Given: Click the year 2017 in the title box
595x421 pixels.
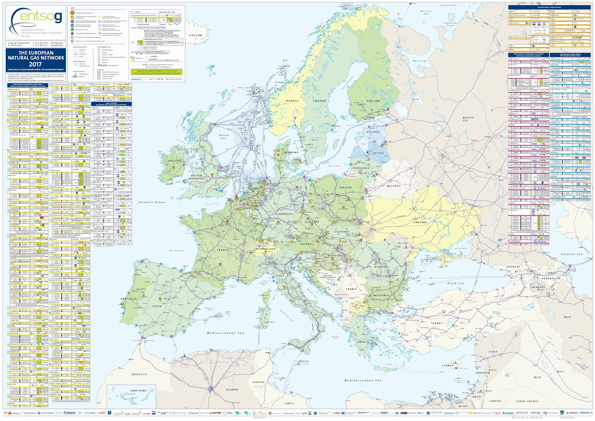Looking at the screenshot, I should click(36, 64).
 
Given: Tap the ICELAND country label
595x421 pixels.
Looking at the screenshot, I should click(196, 35).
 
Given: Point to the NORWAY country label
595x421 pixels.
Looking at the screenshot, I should click(292, 101).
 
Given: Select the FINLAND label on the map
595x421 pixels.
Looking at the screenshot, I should click(373, 101).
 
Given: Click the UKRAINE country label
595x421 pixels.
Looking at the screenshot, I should click(420, 222).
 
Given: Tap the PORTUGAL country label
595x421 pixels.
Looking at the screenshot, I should click(129, 299).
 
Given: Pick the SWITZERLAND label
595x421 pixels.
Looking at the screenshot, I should click(265, 249).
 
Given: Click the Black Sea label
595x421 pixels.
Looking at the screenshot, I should click(456, 283).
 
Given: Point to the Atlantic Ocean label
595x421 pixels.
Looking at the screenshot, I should click(151, 202).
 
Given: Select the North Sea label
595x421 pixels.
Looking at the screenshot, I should click(224, 137).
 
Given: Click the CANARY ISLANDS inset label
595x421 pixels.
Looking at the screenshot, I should click(138, 391).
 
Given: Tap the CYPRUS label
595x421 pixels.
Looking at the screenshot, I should click(447, 365).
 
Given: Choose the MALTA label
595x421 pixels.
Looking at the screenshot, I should click(303, 361).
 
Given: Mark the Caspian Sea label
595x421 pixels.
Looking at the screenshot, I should click(572, 254).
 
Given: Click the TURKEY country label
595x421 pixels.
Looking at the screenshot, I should click(437, 323).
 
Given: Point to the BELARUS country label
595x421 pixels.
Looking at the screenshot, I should click(393, 186).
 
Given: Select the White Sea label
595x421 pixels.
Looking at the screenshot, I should click(420, 61).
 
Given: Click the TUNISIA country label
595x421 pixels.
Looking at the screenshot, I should click(258, 382).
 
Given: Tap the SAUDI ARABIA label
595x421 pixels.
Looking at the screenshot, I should click(527, 401).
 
